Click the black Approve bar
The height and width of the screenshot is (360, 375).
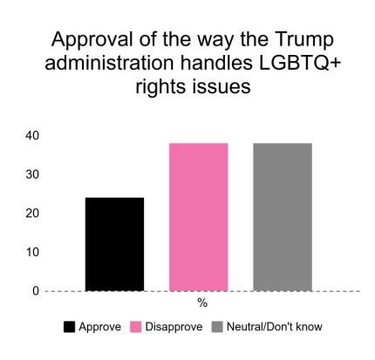[x=114, y=244]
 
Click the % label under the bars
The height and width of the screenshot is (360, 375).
[x=201, y=302]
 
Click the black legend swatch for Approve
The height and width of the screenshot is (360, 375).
[x=69, y=327]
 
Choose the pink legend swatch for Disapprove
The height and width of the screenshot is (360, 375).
[x=135, y=327]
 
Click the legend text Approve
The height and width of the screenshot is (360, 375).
[x=99, y=327]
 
